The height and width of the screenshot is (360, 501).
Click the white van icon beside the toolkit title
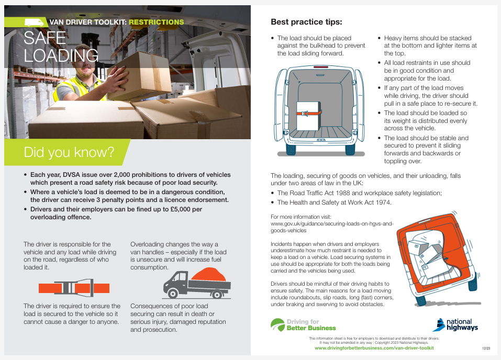click(x=35, y=22)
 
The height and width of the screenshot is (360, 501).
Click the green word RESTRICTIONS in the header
click(x=156, y=22)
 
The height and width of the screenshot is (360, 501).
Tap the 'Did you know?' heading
click(x=69, y=152)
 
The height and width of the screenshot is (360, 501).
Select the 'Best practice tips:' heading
click(x=306, y=22)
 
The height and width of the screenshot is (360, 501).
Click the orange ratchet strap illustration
click(x=74, y=288)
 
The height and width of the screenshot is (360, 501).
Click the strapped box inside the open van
click(x=308, y=116)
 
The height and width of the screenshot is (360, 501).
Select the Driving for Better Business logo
click(x=304, y=324)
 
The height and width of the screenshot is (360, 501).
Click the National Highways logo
click(x=455, y=324)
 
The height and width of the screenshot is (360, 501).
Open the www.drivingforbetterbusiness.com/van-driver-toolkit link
click(x=374, y=348)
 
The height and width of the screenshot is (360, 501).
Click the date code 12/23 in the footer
click(x=486, y=348)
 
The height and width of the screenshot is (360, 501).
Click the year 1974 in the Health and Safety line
click(x=382, y=202)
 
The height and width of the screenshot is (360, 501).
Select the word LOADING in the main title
click(x=61, y=55)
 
